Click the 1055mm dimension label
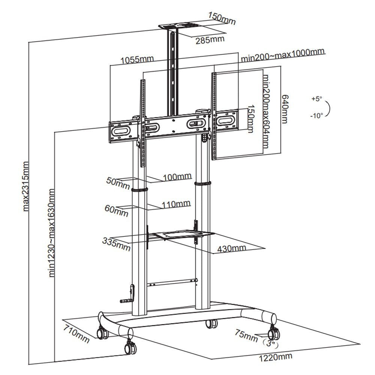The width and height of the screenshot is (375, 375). point(137,60)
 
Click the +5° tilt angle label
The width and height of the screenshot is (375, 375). point(316,99)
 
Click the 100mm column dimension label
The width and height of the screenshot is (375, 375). point(177,176)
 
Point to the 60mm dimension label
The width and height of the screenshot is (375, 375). point(116,211)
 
